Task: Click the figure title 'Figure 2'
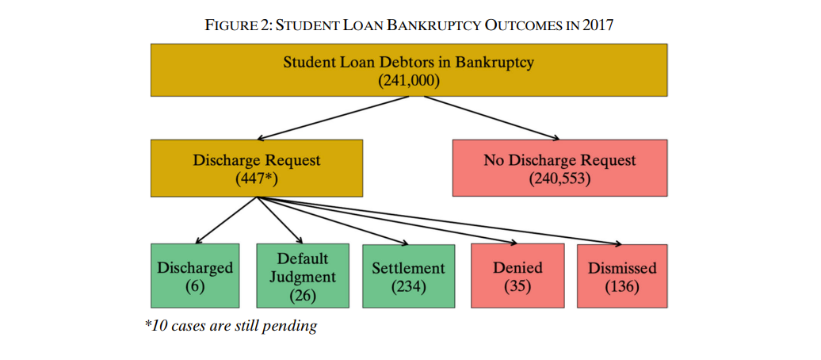pyautogui.click(x=409, y=25)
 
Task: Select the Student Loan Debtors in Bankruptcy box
pyautogui.click(x=408, y=71)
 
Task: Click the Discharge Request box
pyautogui.click(x=257, y=167)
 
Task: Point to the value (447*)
pyautogui.click(x=257, y=178)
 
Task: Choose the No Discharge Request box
pyautogui.click(x=559, y=167)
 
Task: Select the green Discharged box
pyautogui.click(x=195, y=275)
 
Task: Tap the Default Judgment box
pyautogui.click(x=303, y=275)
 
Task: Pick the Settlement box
pyautogui.click(x=408, y=275)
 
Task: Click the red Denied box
pyautogui.click(x=517, y=275)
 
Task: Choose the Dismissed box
pyautogui.click(x=622, y=275)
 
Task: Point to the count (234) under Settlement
pyautogui.click(x=408, y=286)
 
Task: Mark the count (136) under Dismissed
pyautogui.click(x=622, y=286)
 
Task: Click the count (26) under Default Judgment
pyautogui.click(x=303, y=296)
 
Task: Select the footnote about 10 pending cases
pyautogui.click(x=230, y=326)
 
